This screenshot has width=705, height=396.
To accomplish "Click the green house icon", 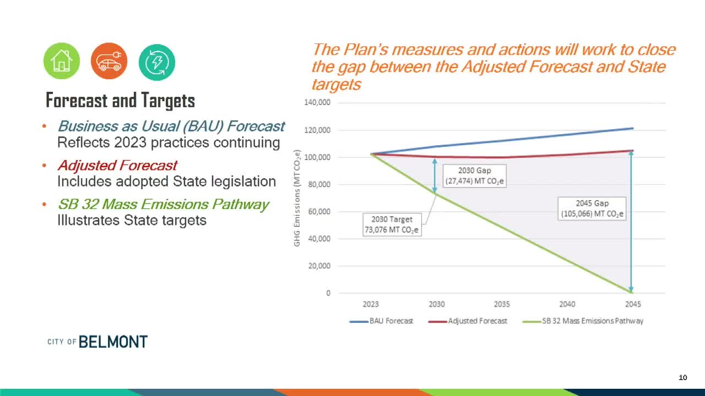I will click(x=62, y=61).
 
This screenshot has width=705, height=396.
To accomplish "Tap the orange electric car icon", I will click(x=109, y=61).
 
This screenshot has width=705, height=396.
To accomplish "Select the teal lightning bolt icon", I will click(x=157, y=62).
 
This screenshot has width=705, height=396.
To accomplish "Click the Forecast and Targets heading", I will click(x=120, y=101).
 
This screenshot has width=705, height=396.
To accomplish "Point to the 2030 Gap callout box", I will click(x=474, y=176).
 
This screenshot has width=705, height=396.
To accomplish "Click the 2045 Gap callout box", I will click(x=592, y=209).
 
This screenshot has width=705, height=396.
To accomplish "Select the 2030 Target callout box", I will click(x=392, y=225).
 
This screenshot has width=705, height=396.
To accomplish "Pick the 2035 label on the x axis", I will click(x=502, y=304).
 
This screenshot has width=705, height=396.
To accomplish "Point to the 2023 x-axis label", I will click(x=371, y=304).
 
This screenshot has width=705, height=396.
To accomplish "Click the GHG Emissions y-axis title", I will click(x=297, y=198).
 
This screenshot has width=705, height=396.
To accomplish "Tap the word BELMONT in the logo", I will click(x=113, y=342).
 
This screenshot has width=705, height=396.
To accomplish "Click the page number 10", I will click(x=683, y=377).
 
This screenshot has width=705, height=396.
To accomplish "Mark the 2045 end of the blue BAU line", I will click(x=633, y=128).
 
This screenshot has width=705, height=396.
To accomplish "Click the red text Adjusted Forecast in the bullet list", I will click(x=117, y=166).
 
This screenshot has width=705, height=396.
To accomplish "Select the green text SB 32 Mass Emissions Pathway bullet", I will click(x=163, y=205).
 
